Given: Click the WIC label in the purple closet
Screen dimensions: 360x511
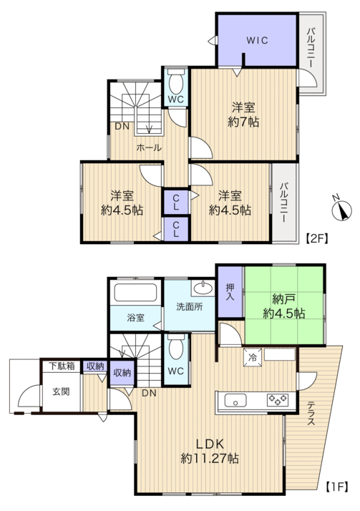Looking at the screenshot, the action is tap(257, 40).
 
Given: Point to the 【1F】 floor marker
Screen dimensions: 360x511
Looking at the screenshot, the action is tap(337, 487).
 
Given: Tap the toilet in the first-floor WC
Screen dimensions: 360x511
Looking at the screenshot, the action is tap(176, 346).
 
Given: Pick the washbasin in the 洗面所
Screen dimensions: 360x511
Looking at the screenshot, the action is tap(203, 288).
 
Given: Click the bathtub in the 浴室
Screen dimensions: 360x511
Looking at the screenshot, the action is tap(135, 292).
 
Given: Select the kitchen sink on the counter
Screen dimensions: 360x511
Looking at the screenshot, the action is tap(235, 400).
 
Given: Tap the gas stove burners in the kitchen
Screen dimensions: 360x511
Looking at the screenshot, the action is tap(278, 399).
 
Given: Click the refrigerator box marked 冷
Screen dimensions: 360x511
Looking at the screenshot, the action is tap(253, 357).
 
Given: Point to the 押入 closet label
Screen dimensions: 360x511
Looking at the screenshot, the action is tap(230, 292).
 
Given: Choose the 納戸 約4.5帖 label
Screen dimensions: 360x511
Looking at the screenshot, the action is tap(283, 306).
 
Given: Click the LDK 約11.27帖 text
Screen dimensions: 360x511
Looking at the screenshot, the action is tap(210, 451).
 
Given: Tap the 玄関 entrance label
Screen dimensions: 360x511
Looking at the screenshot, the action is tap(62, 391).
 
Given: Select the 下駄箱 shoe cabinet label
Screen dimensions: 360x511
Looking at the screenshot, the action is tap(62, 366).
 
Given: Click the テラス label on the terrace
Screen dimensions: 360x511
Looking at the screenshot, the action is tap(311, 414).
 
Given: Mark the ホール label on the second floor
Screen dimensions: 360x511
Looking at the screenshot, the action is tap(149, 147).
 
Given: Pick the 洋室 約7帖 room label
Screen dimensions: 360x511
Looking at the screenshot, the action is tap(243, 115).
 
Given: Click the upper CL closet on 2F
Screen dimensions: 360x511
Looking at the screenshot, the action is tap(176, 203).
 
